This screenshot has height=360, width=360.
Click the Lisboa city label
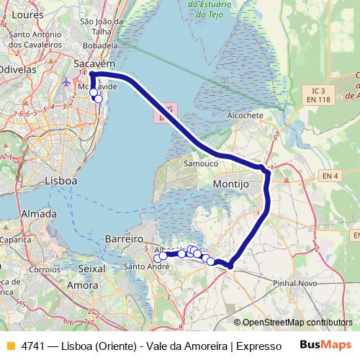click(x=60, y=181)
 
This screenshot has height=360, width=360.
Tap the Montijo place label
click(x=231, y=185)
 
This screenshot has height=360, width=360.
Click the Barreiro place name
click(x=121, y=238)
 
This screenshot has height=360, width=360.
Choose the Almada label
click(x=40, y=215)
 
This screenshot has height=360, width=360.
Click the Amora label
click(x=82, y=286)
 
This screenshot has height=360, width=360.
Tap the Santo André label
click(x=145, y=266)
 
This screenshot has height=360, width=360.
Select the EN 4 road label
click(x=330, y=176)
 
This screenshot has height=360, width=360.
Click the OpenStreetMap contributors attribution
click(x=297, y=323)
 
